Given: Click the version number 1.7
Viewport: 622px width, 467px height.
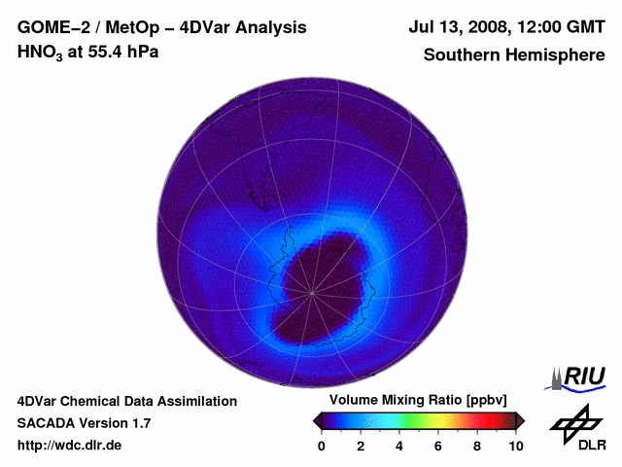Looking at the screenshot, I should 138,423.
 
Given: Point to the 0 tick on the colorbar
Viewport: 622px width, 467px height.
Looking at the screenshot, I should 322,446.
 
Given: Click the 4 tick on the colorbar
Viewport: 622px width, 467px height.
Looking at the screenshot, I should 399,446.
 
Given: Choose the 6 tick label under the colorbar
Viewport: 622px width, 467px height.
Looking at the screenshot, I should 438,446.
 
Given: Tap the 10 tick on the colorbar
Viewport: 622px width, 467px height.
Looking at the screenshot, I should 516,446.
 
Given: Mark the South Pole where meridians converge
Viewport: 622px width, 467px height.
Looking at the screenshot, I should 313,292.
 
